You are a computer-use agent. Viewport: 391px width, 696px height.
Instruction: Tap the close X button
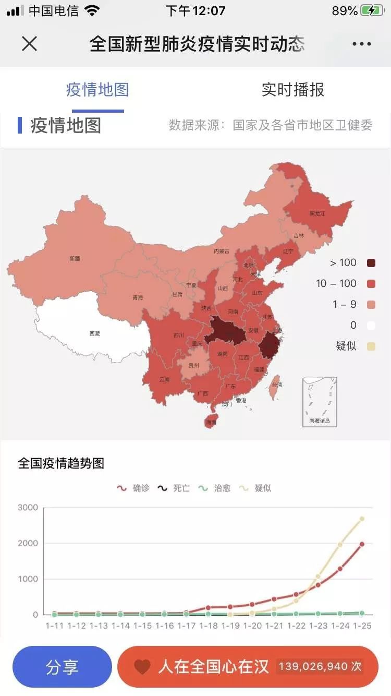[29, 44]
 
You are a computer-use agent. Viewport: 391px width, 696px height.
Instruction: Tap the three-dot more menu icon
[361, 44]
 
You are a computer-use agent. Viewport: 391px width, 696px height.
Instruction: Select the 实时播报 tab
[292, 90]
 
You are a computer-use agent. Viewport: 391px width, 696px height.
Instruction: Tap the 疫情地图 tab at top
[97, 90]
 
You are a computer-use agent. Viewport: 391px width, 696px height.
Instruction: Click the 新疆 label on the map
[75, 258]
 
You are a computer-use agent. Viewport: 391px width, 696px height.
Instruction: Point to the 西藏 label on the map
[94, 333]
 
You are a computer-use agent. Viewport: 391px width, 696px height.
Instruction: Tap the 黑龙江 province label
[317, 214]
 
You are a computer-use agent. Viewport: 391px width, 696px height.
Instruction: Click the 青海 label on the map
[138, 298]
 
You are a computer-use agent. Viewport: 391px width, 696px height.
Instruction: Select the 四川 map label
[178, 335]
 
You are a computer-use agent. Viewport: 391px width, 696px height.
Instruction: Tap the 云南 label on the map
[164, 379]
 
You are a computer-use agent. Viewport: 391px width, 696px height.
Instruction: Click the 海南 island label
[211, 422]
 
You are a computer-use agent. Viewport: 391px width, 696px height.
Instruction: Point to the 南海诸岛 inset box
[320, 402]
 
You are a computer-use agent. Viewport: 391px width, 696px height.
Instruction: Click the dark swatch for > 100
[371, 263]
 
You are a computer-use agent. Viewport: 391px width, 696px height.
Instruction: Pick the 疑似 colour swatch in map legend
[371, 346]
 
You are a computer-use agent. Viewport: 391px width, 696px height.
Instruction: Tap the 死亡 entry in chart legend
[175, 488]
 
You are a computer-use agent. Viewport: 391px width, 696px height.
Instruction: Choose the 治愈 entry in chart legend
[215, 488]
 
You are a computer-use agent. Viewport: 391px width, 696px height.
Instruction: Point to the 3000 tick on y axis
[28, 508]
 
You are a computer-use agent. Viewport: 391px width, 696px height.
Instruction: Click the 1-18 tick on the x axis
[209, 626]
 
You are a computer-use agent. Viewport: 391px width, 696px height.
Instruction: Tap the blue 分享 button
[62, 667]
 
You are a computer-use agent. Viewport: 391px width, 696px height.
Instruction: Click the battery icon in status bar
[372, 11]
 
